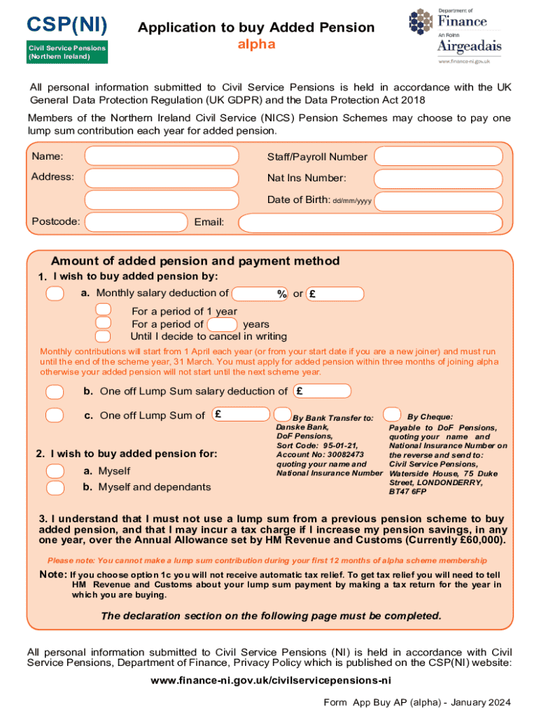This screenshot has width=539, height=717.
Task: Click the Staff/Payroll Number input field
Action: (x=437, y=157)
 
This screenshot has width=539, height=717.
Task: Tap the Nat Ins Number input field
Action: (x=437, y=179)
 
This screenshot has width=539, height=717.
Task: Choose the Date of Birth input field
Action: (x=437, y=202)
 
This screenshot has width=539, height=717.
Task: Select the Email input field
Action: (x=370, y=223)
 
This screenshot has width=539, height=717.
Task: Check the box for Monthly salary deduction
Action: (x=55, y=293)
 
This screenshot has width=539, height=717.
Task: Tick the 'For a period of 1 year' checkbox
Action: (x=103, y=310)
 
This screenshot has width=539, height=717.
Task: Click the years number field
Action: (x=223, y=324)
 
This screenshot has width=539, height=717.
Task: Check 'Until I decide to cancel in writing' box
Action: (x=103, y=336)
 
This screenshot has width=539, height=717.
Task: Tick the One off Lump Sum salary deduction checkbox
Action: (x=55, y=391)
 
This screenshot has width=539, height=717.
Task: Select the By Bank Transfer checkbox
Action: (x=282, y=415)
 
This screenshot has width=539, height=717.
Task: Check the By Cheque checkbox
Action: (x=393, y=414)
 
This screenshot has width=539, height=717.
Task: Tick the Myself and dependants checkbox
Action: (x=55, y=487)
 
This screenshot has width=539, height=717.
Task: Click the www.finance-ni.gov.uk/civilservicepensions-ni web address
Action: (x=269, y=680)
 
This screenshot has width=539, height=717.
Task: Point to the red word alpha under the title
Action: (x=256, y=45)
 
